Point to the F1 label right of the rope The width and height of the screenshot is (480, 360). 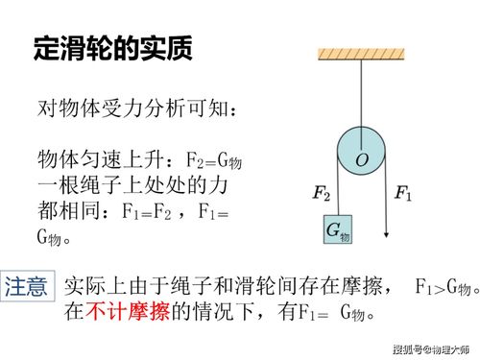click(x=403, y=195)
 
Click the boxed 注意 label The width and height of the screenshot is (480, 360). click(x=26, y=286)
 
